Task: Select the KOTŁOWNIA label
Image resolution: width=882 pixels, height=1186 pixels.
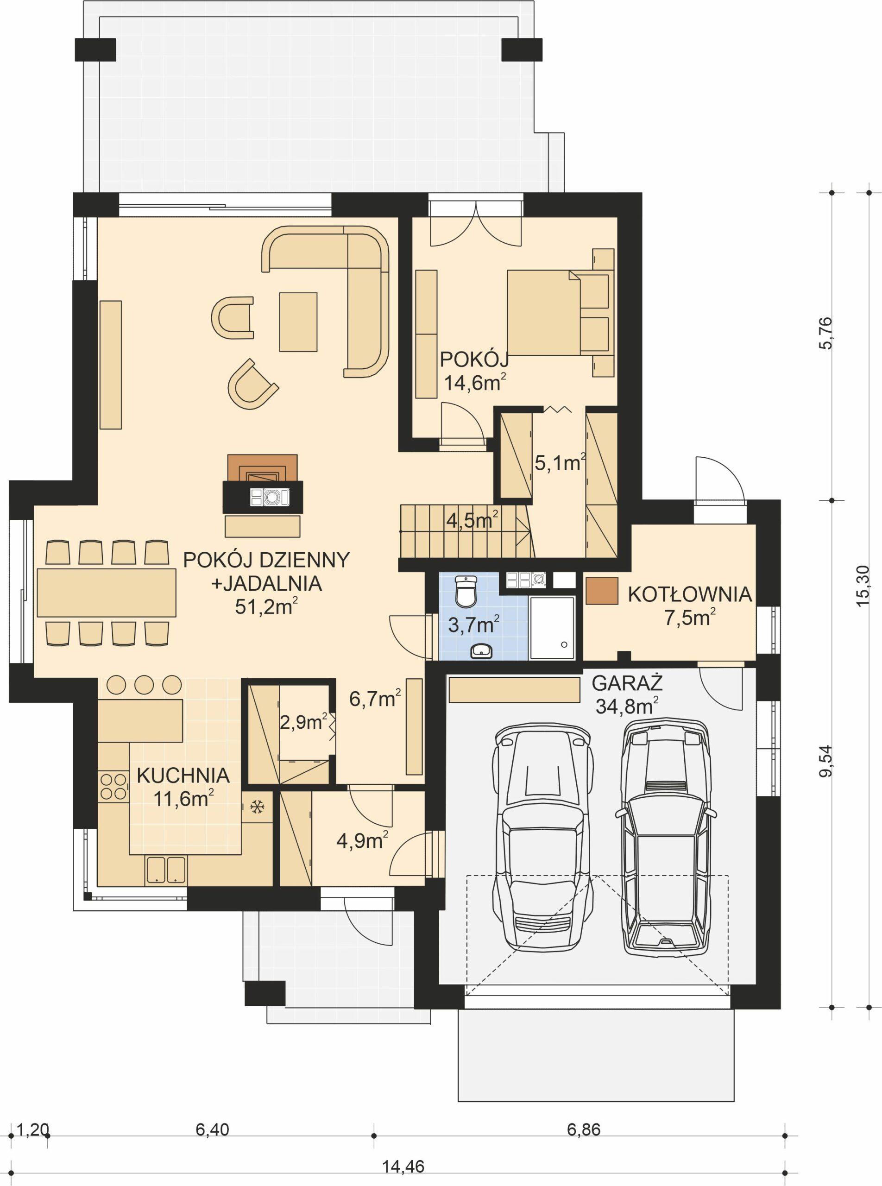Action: click(x=689, y=594)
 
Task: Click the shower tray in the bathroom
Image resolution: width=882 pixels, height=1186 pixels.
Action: click(x=552, y=627)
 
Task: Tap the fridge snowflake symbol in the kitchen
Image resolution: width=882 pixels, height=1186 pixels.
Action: click(x=258, y=807)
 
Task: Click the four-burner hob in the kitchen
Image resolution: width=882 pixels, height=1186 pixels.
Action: click(x=113, y=787)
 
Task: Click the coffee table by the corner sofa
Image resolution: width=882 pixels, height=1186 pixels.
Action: click(x=298, y=322)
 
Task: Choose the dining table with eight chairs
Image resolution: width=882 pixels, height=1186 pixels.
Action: click(x=106, y=593)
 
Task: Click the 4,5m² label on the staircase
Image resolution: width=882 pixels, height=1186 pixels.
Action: click(x=472, y=520)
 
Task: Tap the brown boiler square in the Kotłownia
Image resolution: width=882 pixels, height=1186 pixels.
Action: click(x=601, y=591)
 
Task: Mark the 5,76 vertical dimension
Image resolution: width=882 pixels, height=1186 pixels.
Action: click(x=825, y=333)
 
